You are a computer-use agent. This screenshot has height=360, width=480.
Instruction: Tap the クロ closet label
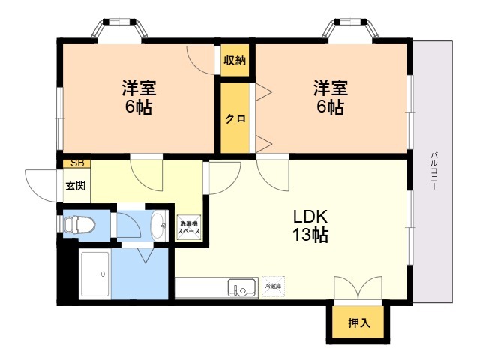point(234,118)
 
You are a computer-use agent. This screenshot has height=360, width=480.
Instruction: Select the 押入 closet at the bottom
point(358,323)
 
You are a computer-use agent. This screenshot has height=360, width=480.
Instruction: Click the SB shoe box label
point(76,163)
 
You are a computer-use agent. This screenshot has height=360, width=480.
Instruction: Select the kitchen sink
point(241,288)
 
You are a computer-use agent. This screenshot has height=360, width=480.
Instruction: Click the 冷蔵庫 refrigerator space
point(271,286)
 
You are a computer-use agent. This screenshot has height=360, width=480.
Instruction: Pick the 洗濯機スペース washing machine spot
point(189,228)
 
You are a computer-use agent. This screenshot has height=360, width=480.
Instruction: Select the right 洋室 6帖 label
point(329,97)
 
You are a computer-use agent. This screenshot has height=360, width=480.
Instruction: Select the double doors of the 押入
point(358,289)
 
